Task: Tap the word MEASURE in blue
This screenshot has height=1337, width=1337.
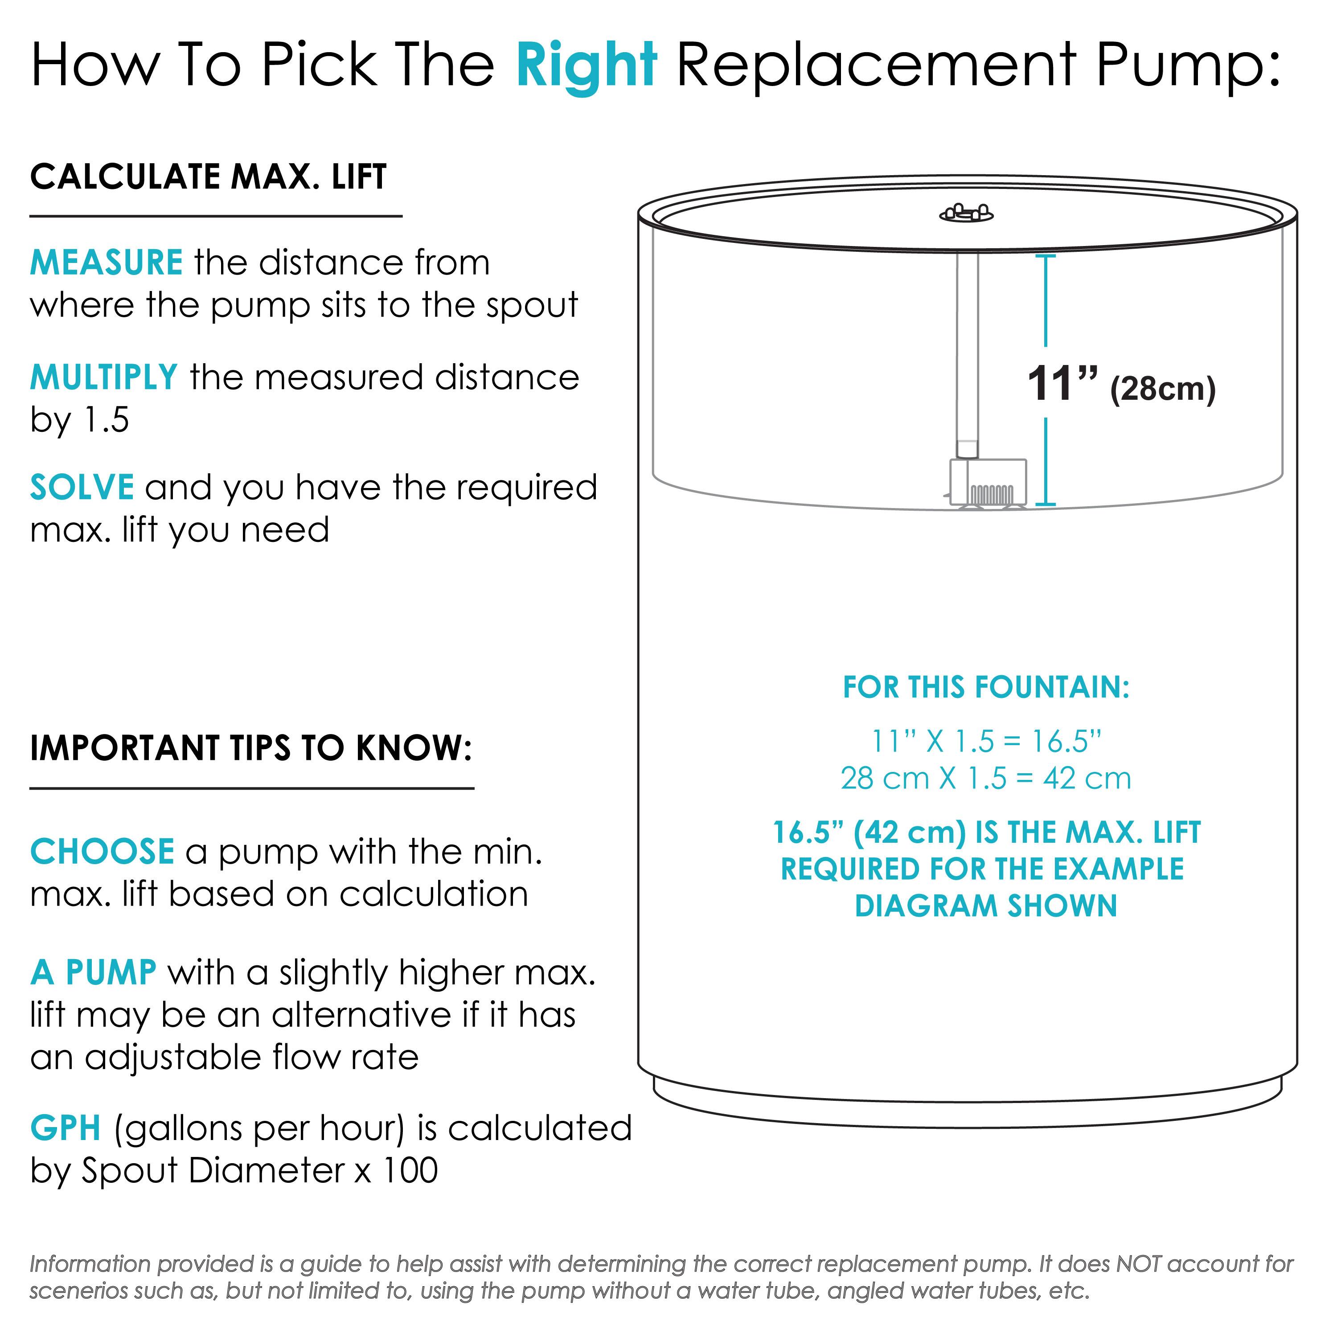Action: coord(106,263)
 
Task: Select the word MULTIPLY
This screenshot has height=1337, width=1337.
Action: coord(104,378)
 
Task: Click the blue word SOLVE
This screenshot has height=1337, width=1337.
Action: coord(82,488)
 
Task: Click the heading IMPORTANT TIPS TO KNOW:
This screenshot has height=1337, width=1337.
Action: coord(250,748)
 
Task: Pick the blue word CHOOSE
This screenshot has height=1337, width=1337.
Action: coord(102,852)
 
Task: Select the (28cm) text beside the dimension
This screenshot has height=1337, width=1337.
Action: coord(1163,389)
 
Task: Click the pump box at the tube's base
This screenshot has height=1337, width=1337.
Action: coord(988,481)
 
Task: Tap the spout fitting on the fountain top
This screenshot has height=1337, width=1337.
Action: coord(966,213)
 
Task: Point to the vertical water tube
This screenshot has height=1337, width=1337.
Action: coord(968,346)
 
